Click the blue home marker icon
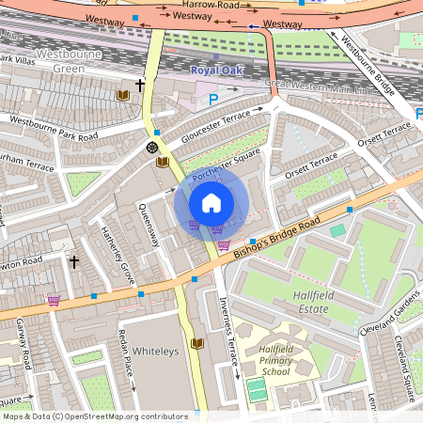click(211, 202)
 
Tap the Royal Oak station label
click(216, 70)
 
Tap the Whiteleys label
click(154, 351)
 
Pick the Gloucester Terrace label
click(211, 122)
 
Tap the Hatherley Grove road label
click(114, 254)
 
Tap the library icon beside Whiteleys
click(196, 343)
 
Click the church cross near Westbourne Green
click(140, 86)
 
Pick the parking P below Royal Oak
click(212, 99)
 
